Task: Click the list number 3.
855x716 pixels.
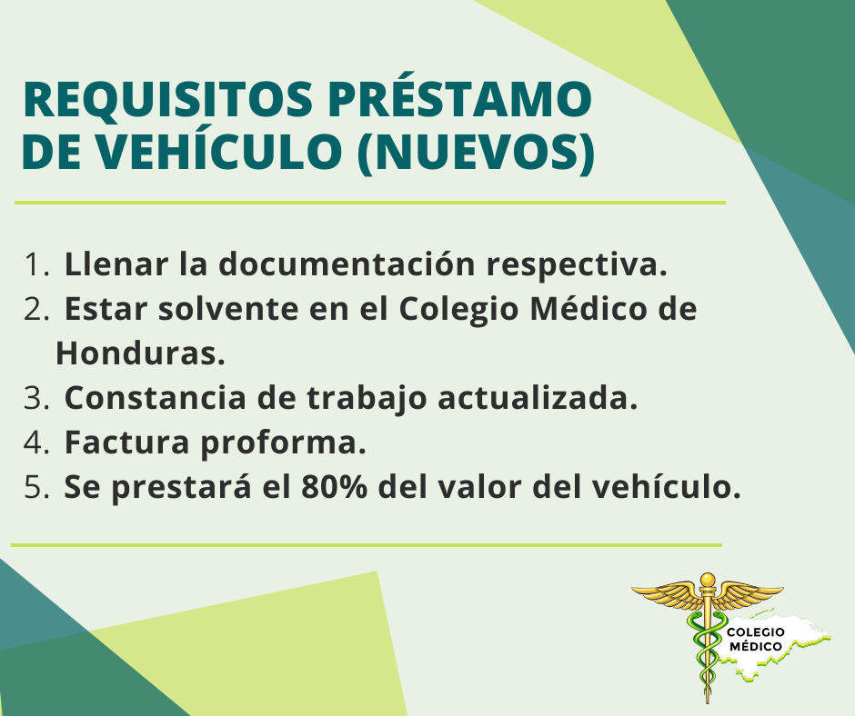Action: (x=36, y=398)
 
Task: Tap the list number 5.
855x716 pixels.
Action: (x=36, y=487)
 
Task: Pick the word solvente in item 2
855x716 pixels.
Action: (x=228, y=309)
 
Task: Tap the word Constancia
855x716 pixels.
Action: (x=156, y=398)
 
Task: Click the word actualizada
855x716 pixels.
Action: (x=538, y=398)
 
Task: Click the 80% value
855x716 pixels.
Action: (x=334, y=487)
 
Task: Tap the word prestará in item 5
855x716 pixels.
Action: (x=182, y=487)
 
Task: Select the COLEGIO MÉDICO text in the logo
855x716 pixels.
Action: (x=756, y=639)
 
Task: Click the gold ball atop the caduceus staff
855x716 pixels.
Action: (x=708, y=579)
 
